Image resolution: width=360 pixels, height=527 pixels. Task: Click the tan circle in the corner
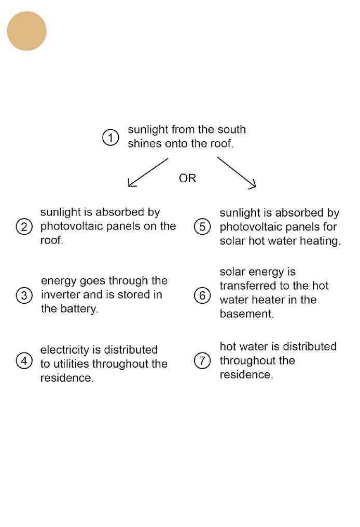[26, 31]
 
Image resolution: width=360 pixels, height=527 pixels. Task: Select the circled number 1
[110, 138]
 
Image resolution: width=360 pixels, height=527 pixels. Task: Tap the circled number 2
[24, 227]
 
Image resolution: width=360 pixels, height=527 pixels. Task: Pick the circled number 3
[24, 295]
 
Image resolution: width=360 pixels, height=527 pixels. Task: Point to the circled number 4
[24, 361]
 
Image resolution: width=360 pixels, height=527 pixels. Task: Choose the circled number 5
[202, 227]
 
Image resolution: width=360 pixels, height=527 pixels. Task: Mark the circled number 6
[202, 295]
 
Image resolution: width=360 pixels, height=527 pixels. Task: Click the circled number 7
[202, 361]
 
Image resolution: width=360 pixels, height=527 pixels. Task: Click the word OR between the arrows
[187, 178]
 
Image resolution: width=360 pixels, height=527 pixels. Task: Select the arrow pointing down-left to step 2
[147, 172]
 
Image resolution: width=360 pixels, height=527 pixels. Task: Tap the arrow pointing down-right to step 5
[237, 172]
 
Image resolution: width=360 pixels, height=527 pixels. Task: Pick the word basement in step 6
[246, 314]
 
